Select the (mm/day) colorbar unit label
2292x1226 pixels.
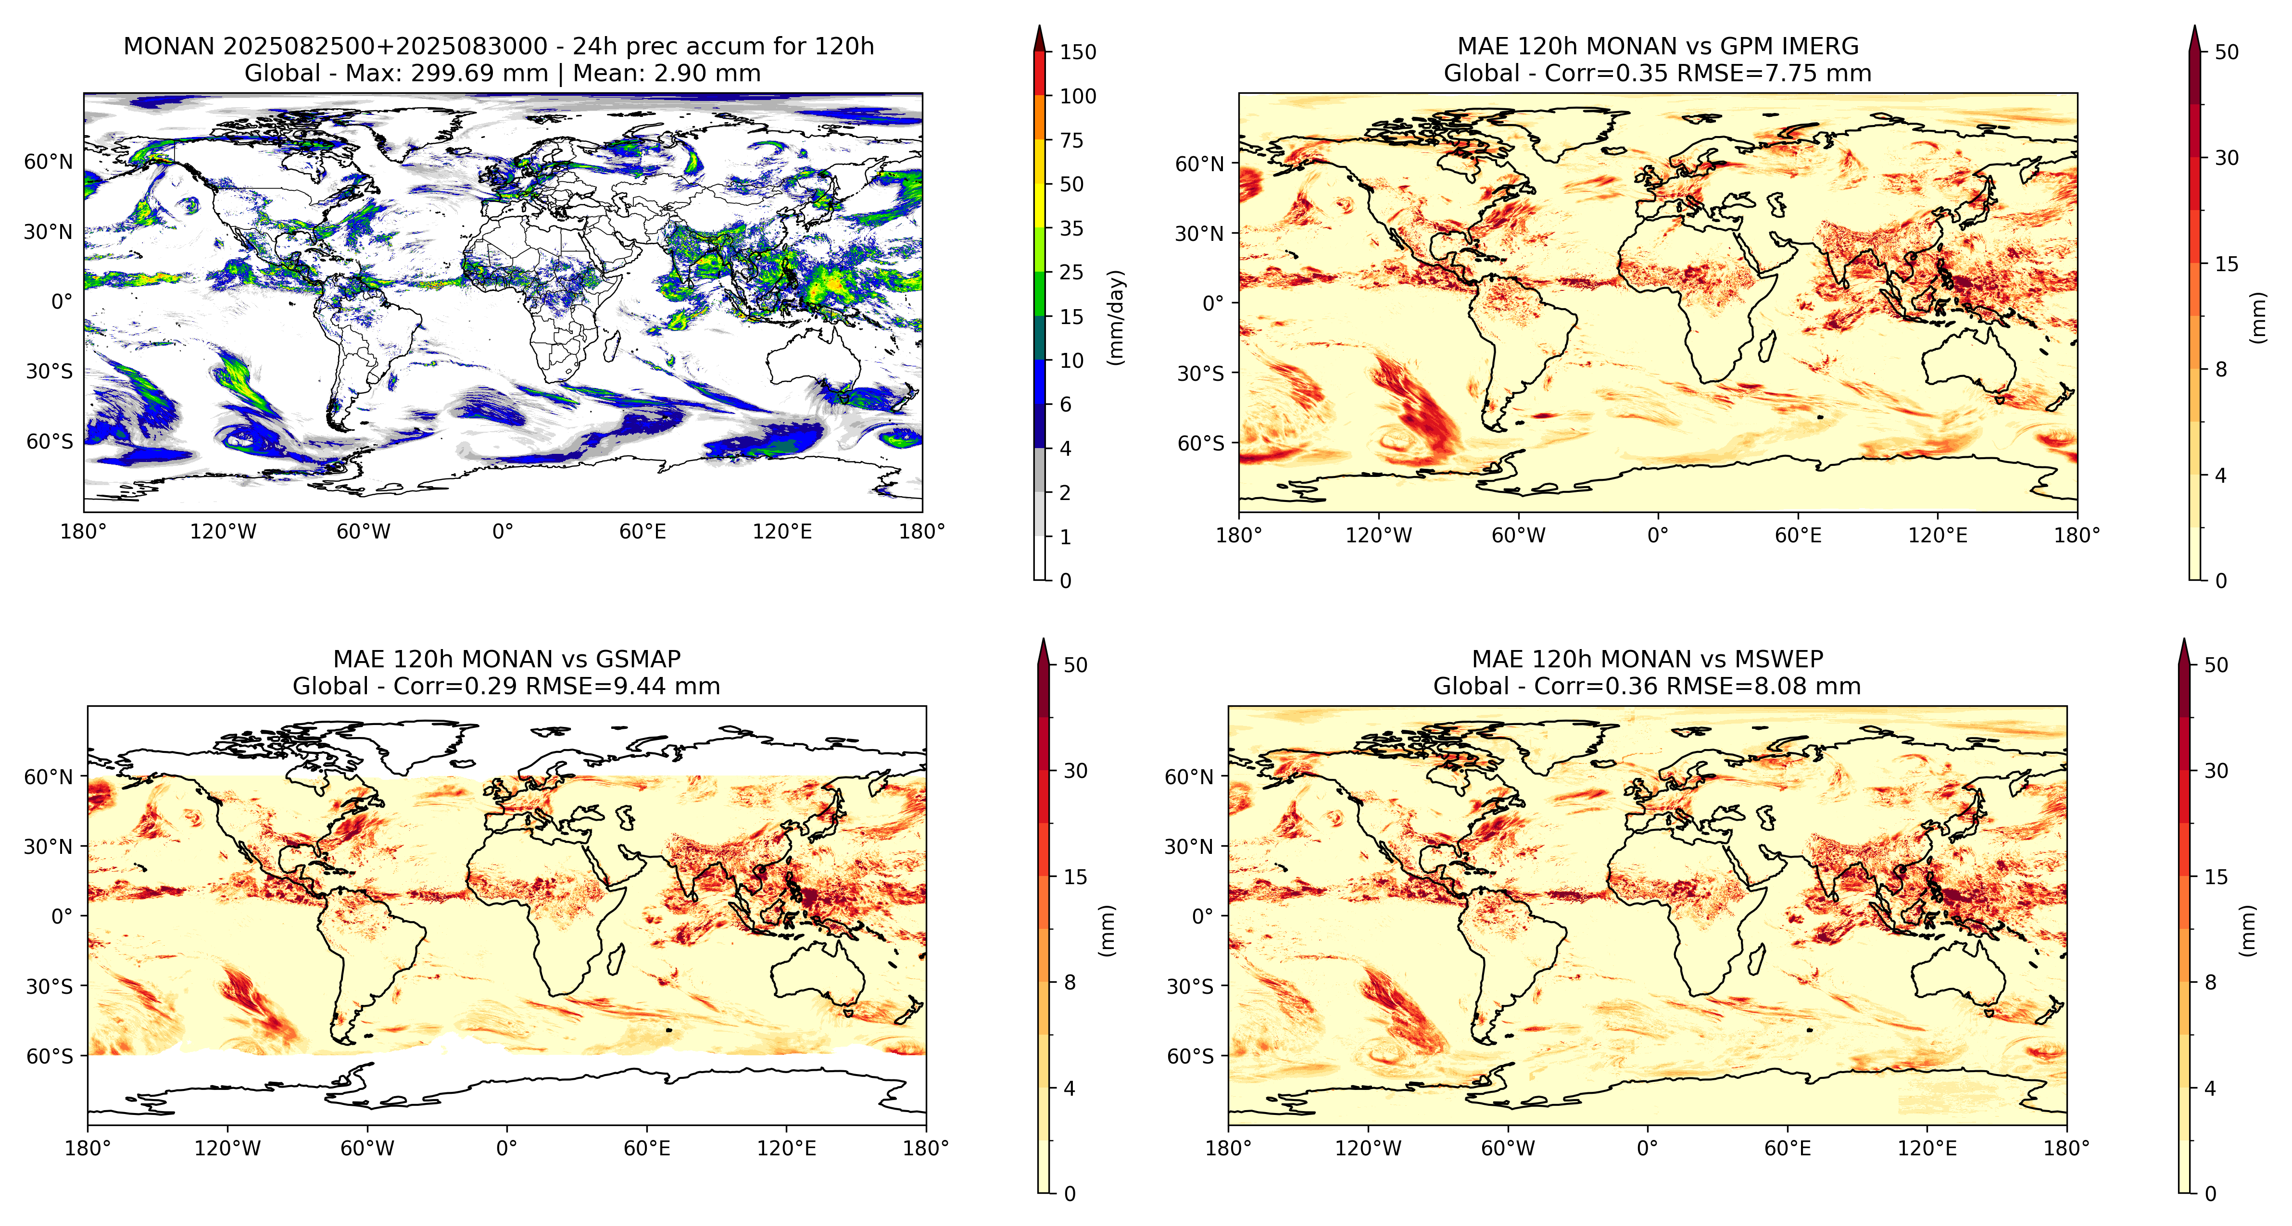(1116, 317)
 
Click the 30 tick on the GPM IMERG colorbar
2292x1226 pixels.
(2226, 158)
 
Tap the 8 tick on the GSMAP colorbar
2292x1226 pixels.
(1070, 982)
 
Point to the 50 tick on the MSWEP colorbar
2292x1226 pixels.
(2216, 664)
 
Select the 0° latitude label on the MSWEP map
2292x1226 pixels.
(1202, 915)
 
